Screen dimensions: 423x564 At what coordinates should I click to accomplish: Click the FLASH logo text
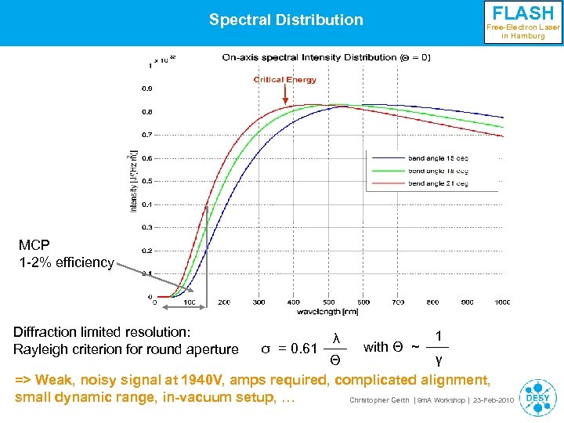(x=522, y=13)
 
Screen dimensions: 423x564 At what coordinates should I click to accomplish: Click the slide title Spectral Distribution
(x=286, y=20)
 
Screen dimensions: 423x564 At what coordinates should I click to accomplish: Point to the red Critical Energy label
(x=285, y=79)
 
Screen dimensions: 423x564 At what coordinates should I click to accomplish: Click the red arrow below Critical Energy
(x=285, y=95)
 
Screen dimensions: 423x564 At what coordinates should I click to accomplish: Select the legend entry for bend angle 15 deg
(x=438, y=158)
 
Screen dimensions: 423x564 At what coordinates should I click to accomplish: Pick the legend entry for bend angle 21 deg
(x=438, y=183)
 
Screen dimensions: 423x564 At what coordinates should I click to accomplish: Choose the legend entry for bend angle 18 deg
(x=438, y=171)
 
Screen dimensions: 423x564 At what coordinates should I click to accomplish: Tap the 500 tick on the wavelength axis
(x=327, y=302)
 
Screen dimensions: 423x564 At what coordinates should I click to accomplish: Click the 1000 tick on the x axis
(x=501, y=302)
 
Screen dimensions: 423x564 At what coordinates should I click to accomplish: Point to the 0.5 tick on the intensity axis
(x=146, y=182)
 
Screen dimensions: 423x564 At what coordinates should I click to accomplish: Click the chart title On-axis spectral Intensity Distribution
(x=326, y=57)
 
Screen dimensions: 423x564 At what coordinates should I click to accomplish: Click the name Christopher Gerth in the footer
(x=379, y=400)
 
